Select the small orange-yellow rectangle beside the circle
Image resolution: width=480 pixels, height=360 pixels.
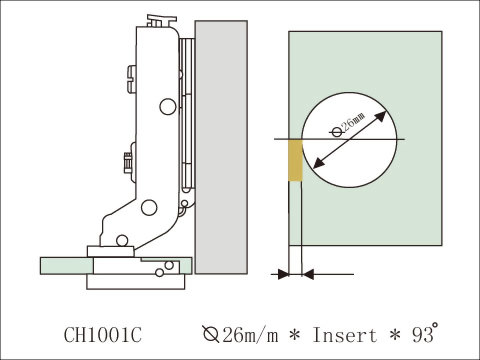pos(294,160)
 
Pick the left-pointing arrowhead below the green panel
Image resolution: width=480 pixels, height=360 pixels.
pos(306,273)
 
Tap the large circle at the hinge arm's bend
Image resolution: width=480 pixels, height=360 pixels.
pos(150,207)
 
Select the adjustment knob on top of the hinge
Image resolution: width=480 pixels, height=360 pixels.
pos(156,19)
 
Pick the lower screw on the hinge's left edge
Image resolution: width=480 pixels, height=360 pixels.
pos(126,160)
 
